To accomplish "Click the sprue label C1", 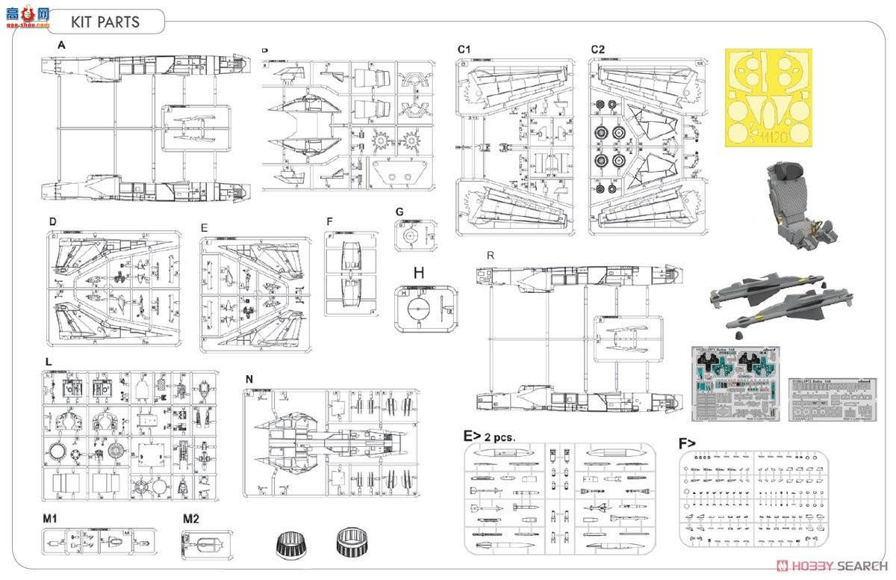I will [x=464, y=49].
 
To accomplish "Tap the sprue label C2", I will [x=597, y=49].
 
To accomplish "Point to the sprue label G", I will [x=399, y=212].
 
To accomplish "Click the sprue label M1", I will [x=51, y=518].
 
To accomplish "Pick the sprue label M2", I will [x=192, y=518].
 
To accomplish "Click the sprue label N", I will [x=249, y=379].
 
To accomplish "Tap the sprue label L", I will [x=49, y=362].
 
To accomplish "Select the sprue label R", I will [x=490, y=256].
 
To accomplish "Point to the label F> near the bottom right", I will [x=688, y=442].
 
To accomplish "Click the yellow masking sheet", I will [x=768, y=97].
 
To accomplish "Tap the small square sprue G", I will [x=412, y=238].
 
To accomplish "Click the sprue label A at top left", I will [x=62, y=46].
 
